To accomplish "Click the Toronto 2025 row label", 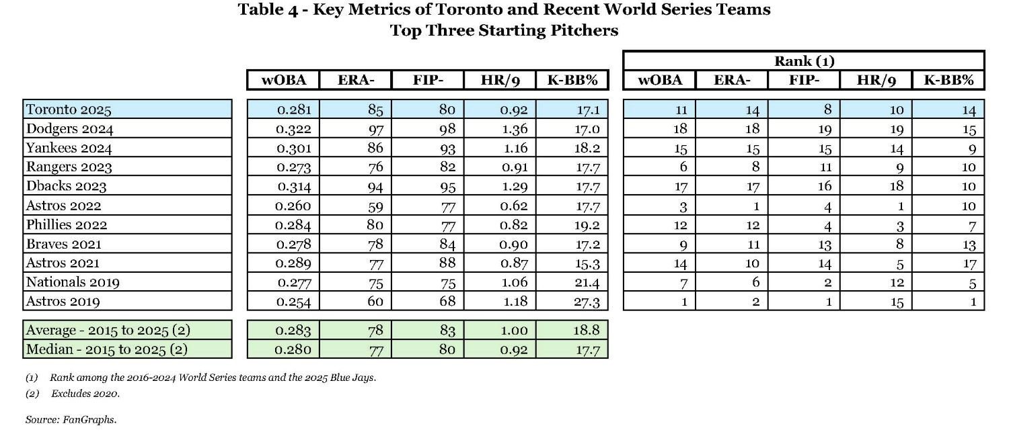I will [x=68, y=110].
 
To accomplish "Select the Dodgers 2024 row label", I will [x=69, y=128].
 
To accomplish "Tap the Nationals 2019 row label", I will [x=73, y=282].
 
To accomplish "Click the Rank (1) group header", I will [x=804, y=61].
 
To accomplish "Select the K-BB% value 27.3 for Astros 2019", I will [x=587, y=302].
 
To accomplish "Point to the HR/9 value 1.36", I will [x=514, y=129].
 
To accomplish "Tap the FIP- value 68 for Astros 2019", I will [x=447, y=302].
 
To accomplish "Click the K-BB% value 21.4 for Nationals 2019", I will [x=587, y=282].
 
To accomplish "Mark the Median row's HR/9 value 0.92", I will [x=514, y=350].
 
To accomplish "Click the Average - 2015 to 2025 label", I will [x=106, y=331].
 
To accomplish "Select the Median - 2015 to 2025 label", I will [x=106, y=350].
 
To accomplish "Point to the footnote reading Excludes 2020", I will [x=85, y=394].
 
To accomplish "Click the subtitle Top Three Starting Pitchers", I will [x=504, y=30].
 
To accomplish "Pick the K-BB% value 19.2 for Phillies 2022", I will [x=587, y=225].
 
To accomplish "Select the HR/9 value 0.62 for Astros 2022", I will [x=514, y=206].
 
